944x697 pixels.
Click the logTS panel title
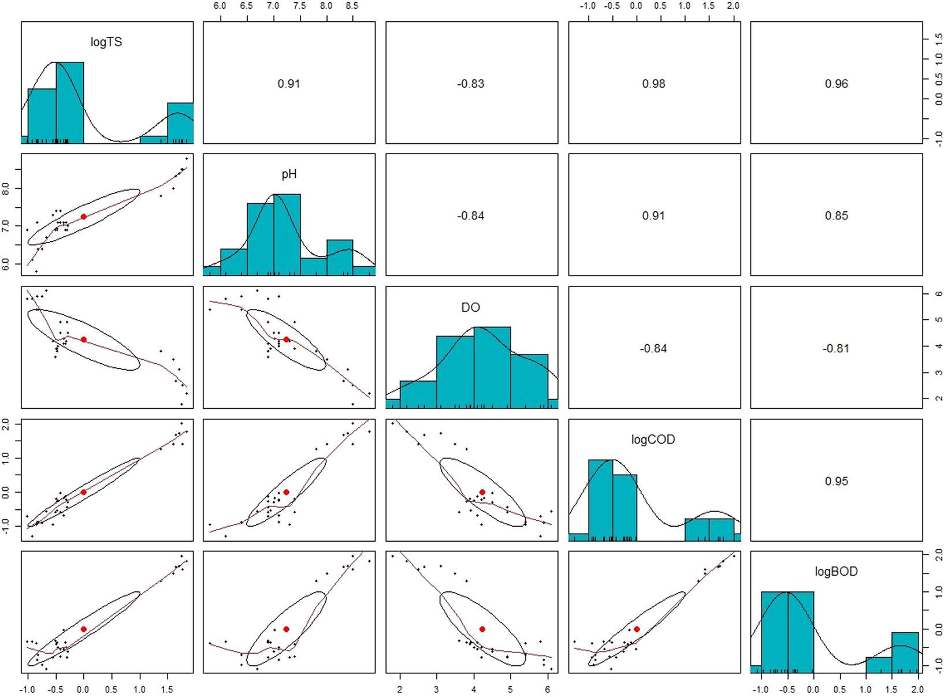pos(106,42)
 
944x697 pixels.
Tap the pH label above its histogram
pos(289,174)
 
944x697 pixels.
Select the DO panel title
pos(471,307)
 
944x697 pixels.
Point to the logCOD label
pos(653,439)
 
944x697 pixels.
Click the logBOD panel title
pos(836,572)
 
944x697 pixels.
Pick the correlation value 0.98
pos(653,84)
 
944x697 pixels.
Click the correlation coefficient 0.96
pos(836,84)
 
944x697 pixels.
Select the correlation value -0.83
pos(471,84)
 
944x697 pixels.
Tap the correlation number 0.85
pos(836,216)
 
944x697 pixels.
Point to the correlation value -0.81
pos(836,349)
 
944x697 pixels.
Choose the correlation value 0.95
pos(836,481)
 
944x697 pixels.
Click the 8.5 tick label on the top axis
pos(352,6)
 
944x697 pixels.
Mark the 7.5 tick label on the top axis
pos(299,6)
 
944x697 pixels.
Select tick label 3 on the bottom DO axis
pos(437,689)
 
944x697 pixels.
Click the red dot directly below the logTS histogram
pos(84,217)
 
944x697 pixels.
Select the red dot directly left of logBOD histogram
pos(637,629)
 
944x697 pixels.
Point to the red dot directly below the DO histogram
pos(482,492)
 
